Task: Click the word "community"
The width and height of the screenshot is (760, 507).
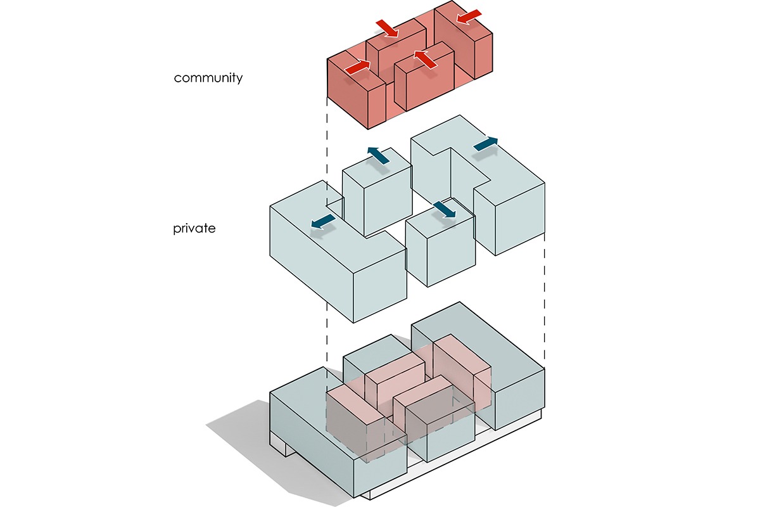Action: pos(208,78)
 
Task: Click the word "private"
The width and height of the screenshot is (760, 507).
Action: pos(194,228)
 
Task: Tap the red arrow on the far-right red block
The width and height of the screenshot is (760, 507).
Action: pos(469,17)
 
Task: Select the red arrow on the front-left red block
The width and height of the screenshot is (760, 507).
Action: pos(358,66)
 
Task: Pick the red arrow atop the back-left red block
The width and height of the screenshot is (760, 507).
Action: pos(387,29)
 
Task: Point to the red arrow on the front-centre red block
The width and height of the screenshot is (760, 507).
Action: pos(426,59)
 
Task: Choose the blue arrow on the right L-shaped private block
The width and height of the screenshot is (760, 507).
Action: pos(486,144)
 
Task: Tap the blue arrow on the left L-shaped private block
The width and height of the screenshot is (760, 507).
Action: pos(323,222)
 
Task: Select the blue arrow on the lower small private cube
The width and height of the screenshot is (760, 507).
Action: pos(445,210)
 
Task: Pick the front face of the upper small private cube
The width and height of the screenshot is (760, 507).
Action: pos(386,203)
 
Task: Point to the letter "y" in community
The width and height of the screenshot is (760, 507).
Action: pos(239,80)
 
